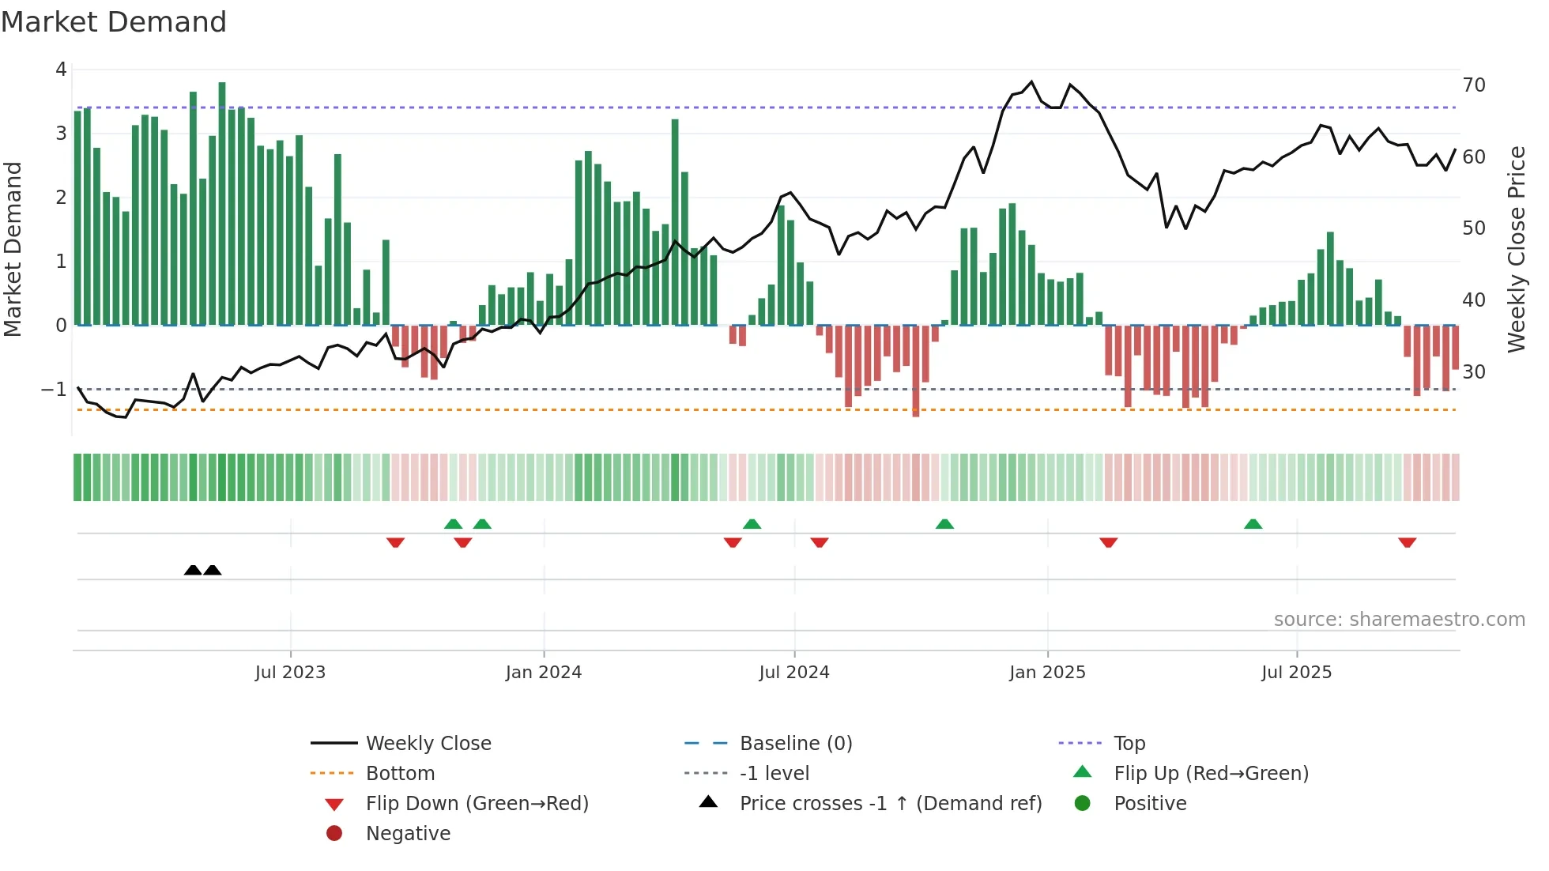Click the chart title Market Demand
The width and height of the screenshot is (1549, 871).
coord(114,22)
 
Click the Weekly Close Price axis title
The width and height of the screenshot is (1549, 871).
coord(1516,249)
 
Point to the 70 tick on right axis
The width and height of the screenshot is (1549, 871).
coord(1473,85)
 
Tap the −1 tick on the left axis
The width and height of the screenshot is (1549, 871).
coord(54,389)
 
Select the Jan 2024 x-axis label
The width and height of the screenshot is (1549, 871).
coord(543,673)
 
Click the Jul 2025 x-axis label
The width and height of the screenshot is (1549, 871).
coord(1296,673)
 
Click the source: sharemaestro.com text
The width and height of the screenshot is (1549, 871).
coord(1399,620)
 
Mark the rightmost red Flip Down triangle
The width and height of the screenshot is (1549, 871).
coord(1407,542)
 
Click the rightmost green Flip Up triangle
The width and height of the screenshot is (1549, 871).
coord(1253,524)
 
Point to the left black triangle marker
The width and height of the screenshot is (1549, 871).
coord(193,570)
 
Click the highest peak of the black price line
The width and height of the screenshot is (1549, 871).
coord(1031,81)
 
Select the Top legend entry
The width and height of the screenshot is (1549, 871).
coord(1129,744)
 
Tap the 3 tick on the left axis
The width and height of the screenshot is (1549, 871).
coord(61,134)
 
